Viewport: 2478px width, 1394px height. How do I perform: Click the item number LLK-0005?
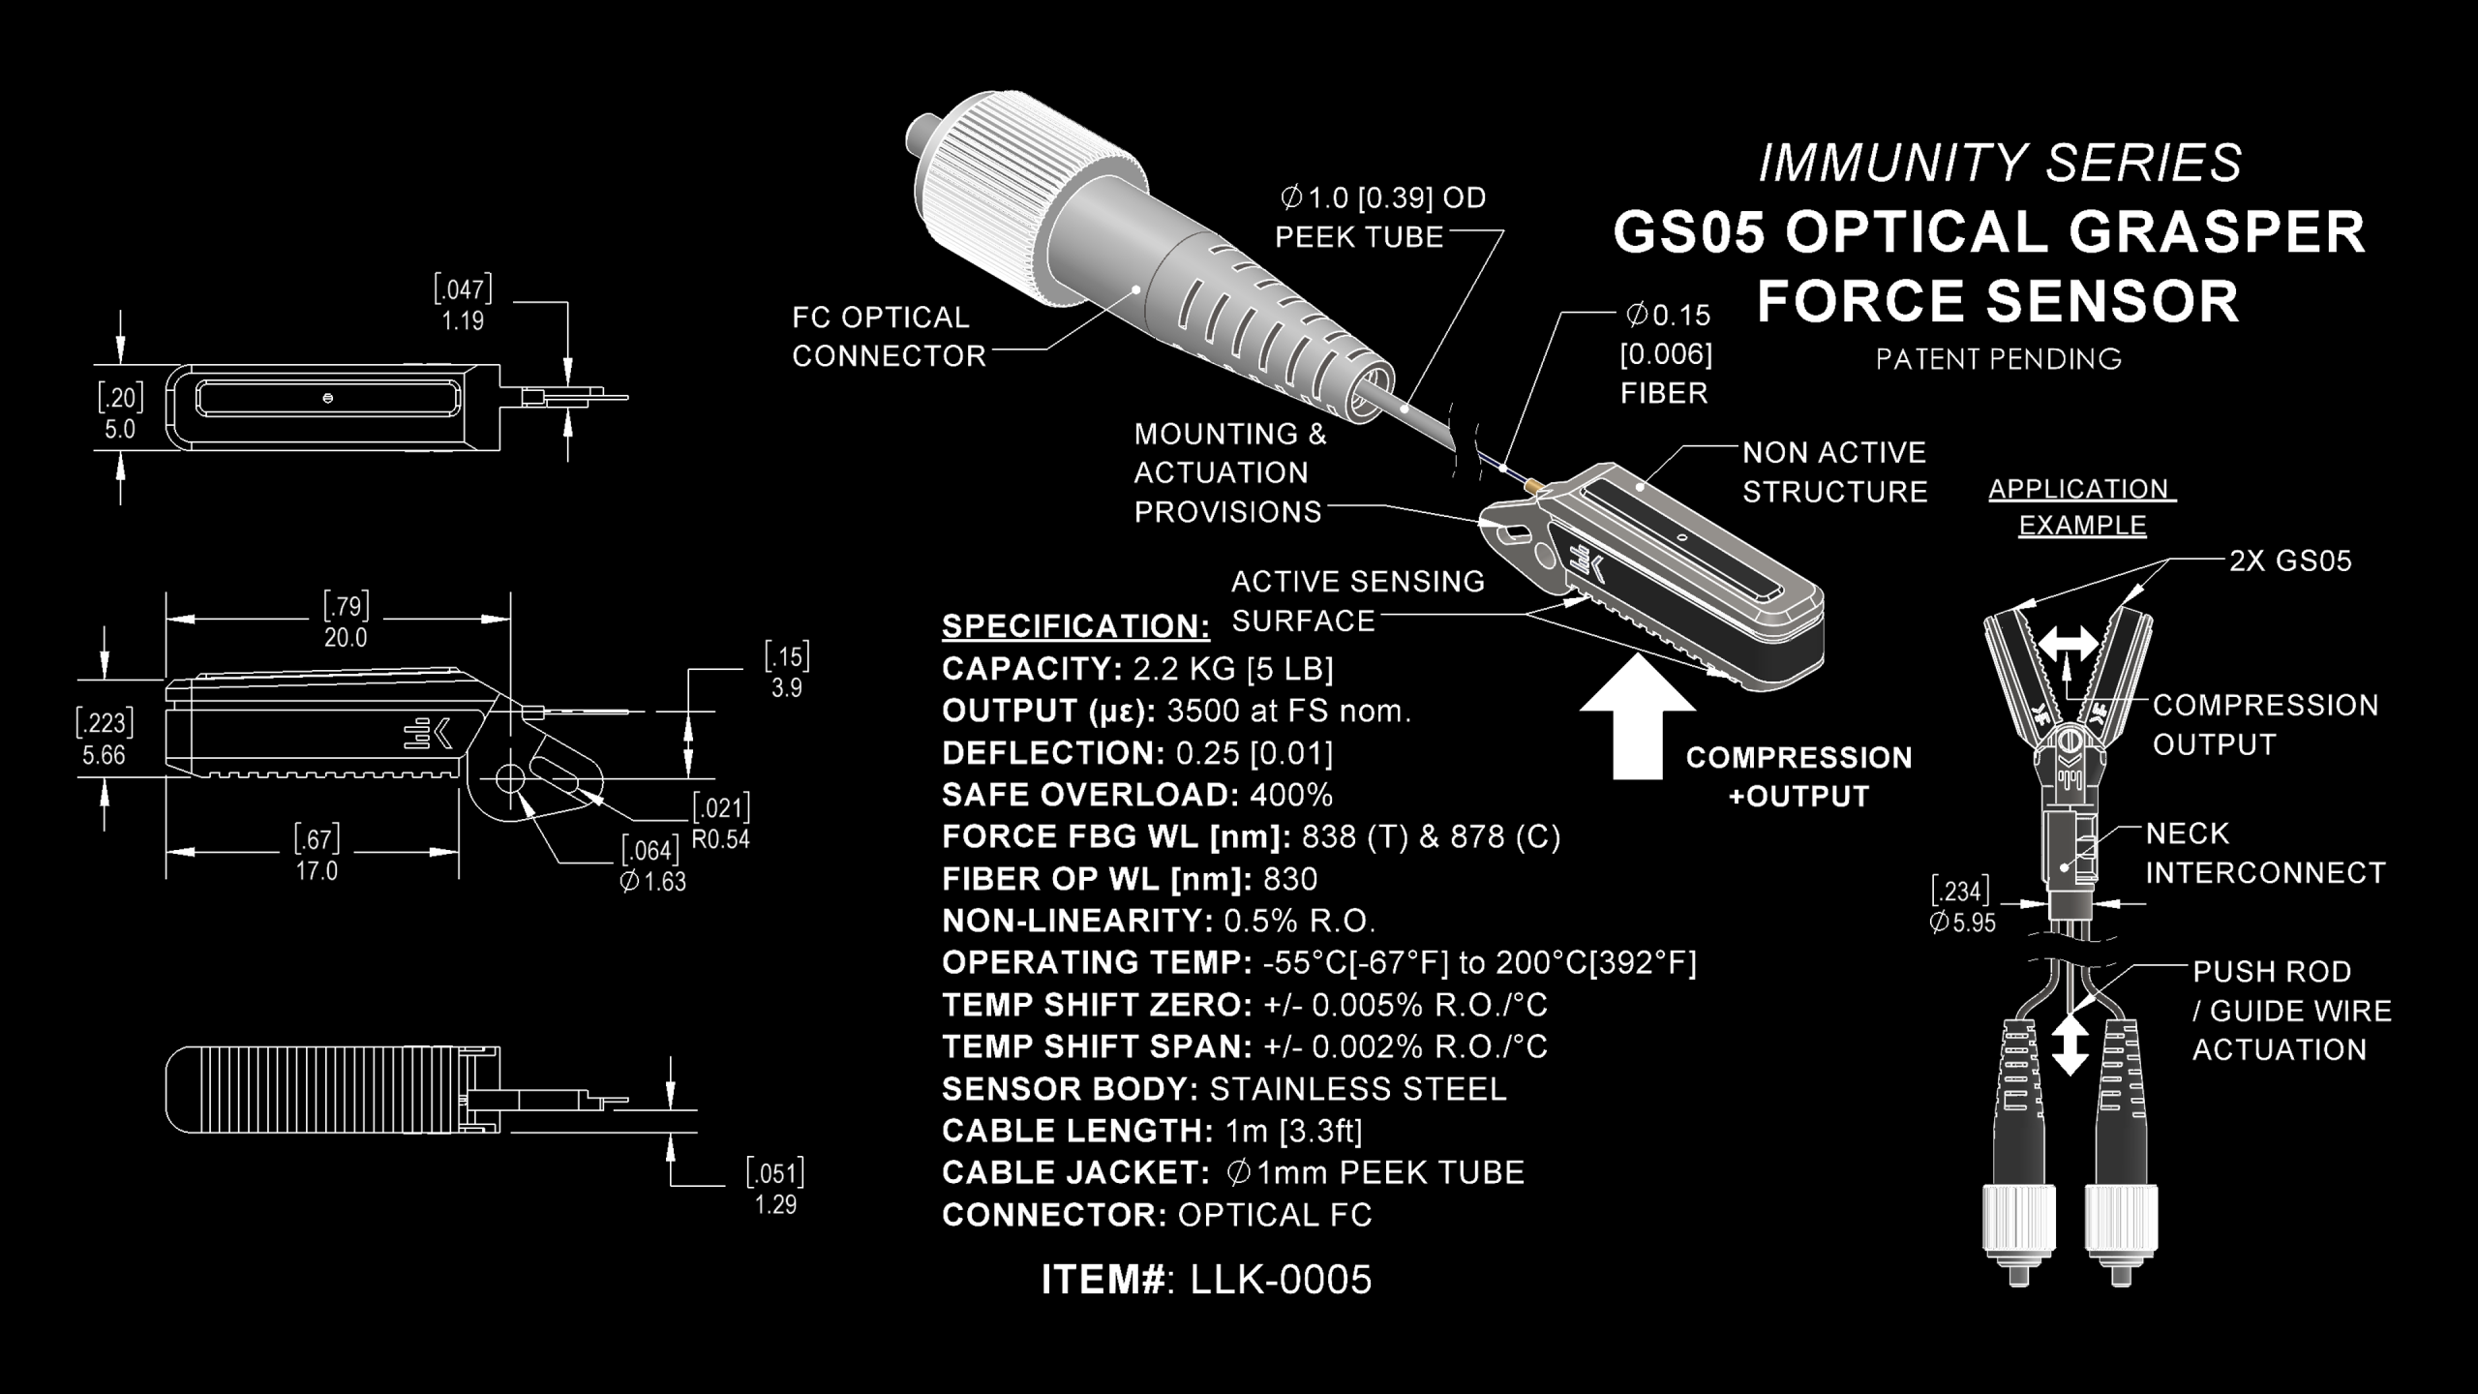click(1280, 1280)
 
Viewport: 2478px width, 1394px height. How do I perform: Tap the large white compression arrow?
click(1637, 721)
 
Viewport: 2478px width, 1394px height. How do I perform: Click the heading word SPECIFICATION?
click(1075, 626)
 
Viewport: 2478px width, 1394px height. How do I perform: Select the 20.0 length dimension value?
click(346, 638)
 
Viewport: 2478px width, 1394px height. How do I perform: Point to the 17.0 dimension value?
click(317, 871)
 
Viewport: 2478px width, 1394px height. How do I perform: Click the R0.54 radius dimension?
click(721, 839)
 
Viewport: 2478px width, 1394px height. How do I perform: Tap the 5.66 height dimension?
click(104, 755)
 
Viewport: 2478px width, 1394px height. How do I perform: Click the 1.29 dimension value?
click(775, 1205)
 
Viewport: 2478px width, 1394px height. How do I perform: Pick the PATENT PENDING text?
click(1998, 359)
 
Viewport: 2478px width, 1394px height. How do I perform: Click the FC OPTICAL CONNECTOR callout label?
click(888, 337)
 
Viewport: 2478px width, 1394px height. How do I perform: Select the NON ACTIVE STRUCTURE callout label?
click(1834, 472)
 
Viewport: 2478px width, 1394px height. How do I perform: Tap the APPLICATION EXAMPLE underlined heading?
click(2081, 507)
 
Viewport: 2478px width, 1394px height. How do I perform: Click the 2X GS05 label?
click(2290, 561)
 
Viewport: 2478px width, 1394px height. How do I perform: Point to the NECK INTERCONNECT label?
click(2265, 853)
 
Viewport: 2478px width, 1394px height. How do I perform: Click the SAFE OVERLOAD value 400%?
click(1291, 795)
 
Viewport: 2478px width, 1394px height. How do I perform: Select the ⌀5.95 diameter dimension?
click(1963, 923)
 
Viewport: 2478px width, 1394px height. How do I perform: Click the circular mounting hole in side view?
click(510, 777)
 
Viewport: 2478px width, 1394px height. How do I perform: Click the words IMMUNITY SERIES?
click(2000, 163)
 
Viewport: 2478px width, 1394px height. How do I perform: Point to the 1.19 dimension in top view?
click(463, 320)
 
